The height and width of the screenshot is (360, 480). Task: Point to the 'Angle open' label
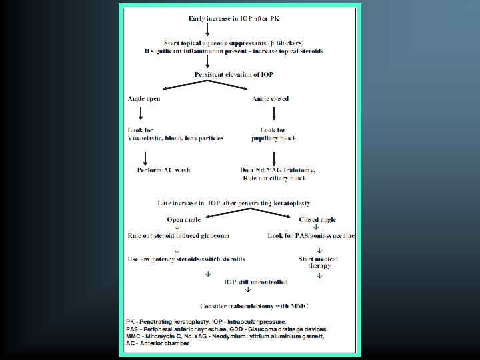click(144, 99)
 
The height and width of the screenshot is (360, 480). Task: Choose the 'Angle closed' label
click(270, 99)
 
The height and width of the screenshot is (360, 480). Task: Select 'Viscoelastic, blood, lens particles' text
click(176, 139)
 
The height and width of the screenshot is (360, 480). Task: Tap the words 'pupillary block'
click(274, 139)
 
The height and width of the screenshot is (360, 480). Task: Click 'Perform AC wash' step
click(164, 170)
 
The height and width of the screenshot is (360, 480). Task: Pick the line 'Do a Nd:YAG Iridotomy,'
click(278, 170)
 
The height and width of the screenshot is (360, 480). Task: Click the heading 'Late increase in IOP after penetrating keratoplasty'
click(234, 203)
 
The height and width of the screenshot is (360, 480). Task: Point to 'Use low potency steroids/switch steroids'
click(187, 259)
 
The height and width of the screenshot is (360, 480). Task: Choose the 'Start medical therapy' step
click(318, 262)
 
